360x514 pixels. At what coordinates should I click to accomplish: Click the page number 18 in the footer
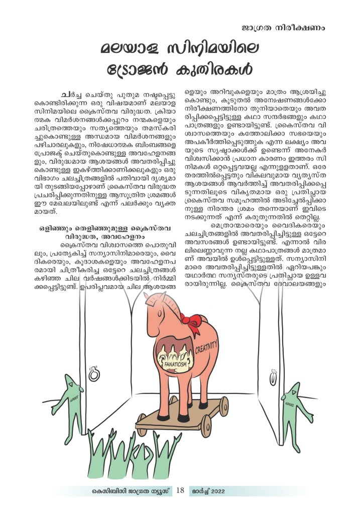180,490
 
